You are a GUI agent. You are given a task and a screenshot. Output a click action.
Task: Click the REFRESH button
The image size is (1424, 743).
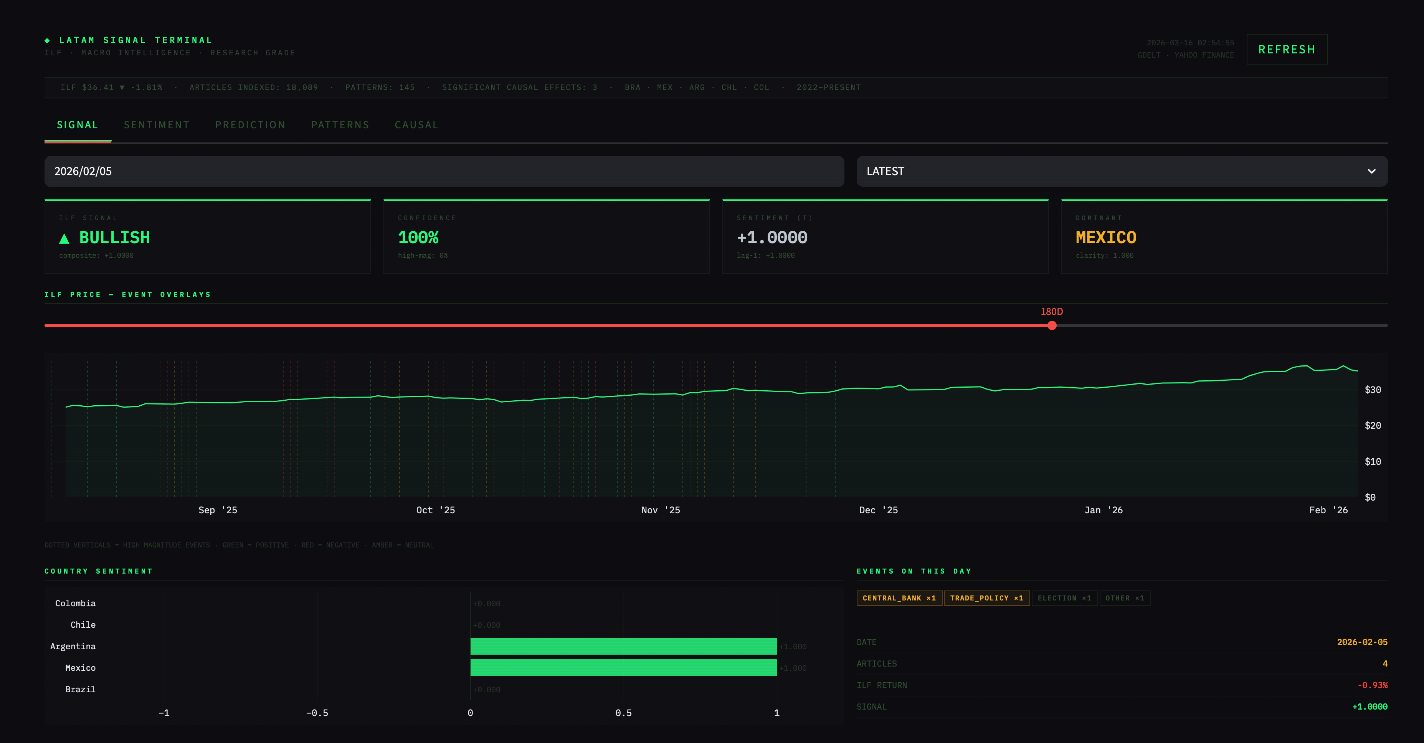(x=1286, y=49)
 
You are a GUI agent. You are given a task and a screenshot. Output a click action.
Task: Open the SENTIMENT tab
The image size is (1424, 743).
(x=157, y=125)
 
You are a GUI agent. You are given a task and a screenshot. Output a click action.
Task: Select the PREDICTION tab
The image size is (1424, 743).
(x=250, y=125)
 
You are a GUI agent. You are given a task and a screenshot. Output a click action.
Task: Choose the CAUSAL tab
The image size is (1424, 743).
(x=416, y=125)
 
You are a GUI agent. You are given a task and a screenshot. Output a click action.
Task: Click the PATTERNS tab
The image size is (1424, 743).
(x=340, y=125)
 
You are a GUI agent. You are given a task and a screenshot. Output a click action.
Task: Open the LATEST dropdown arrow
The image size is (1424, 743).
(x=1371, y=171)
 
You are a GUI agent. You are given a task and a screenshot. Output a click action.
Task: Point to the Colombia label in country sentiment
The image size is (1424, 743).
(x=75, y=603)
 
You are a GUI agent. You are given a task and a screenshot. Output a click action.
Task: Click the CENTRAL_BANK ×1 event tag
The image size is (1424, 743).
(x=899, y=598)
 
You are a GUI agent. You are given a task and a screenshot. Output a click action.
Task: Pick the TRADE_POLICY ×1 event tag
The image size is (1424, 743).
(x=987, y=598)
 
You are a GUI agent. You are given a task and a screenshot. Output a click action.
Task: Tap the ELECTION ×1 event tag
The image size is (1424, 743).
(x=1064, y=598)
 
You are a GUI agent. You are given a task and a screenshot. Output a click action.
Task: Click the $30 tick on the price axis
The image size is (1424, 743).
(x=1373, y=390)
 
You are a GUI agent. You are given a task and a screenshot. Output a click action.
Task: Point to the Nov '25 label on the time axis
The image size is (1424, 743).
(x=661, y=510)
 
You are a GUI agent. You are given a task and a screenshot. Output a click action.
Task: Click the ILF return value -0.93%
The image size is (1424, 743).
(x=1372, y=685)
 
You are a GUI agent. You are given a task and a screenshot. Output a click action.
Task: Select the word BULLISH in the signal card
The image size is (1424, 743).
(x=114, y=237)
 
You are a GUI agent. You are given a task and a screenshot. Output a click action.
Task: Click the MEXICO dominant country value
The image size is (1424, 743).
(x=1105, y=237)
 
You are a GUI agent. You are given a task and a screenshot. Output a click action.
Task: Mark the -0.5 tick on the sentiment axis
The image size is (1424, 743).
(x=317, y=713)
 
